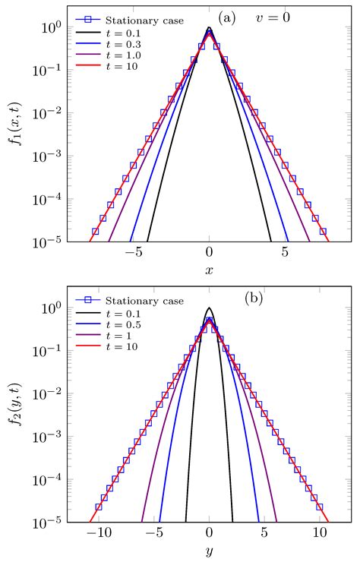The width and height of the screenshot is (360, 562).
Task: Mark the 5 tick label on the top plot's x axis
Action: pos(286,253)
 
